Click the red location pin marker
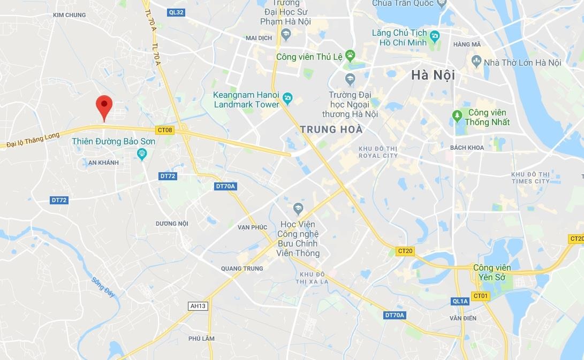[x=104, y=106]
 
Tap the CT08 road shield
[x=165, y=130]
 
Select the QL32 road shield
[x=176, y=12]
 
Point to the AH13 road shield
[x=198, y=306]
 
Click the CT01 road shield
[x=481, y=296]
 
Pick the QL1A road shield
[x=460, y=301]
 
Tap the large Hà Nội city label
[x=433, y=75]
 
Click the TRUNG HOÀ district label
[x=331, y=129]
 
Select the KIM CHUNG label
[x=70, y=15]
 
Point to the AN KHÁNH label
[x=103, y=163]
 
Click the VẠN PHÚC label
[x=252, y=227]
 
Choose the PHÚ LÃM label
[x=201, y=339]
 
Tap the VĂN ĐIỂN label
[x=463, y=318]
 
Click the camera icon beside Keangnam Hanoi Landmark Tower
[x=287, y=97]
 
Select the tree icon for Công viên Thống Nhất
[x=457, y=115]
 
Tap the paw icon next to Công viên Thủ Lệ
[x=350, y=55]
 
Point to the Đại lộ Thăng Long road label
[x=33, y=140]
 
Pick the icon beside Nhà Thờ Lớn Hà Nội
[x=476, y=61]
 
